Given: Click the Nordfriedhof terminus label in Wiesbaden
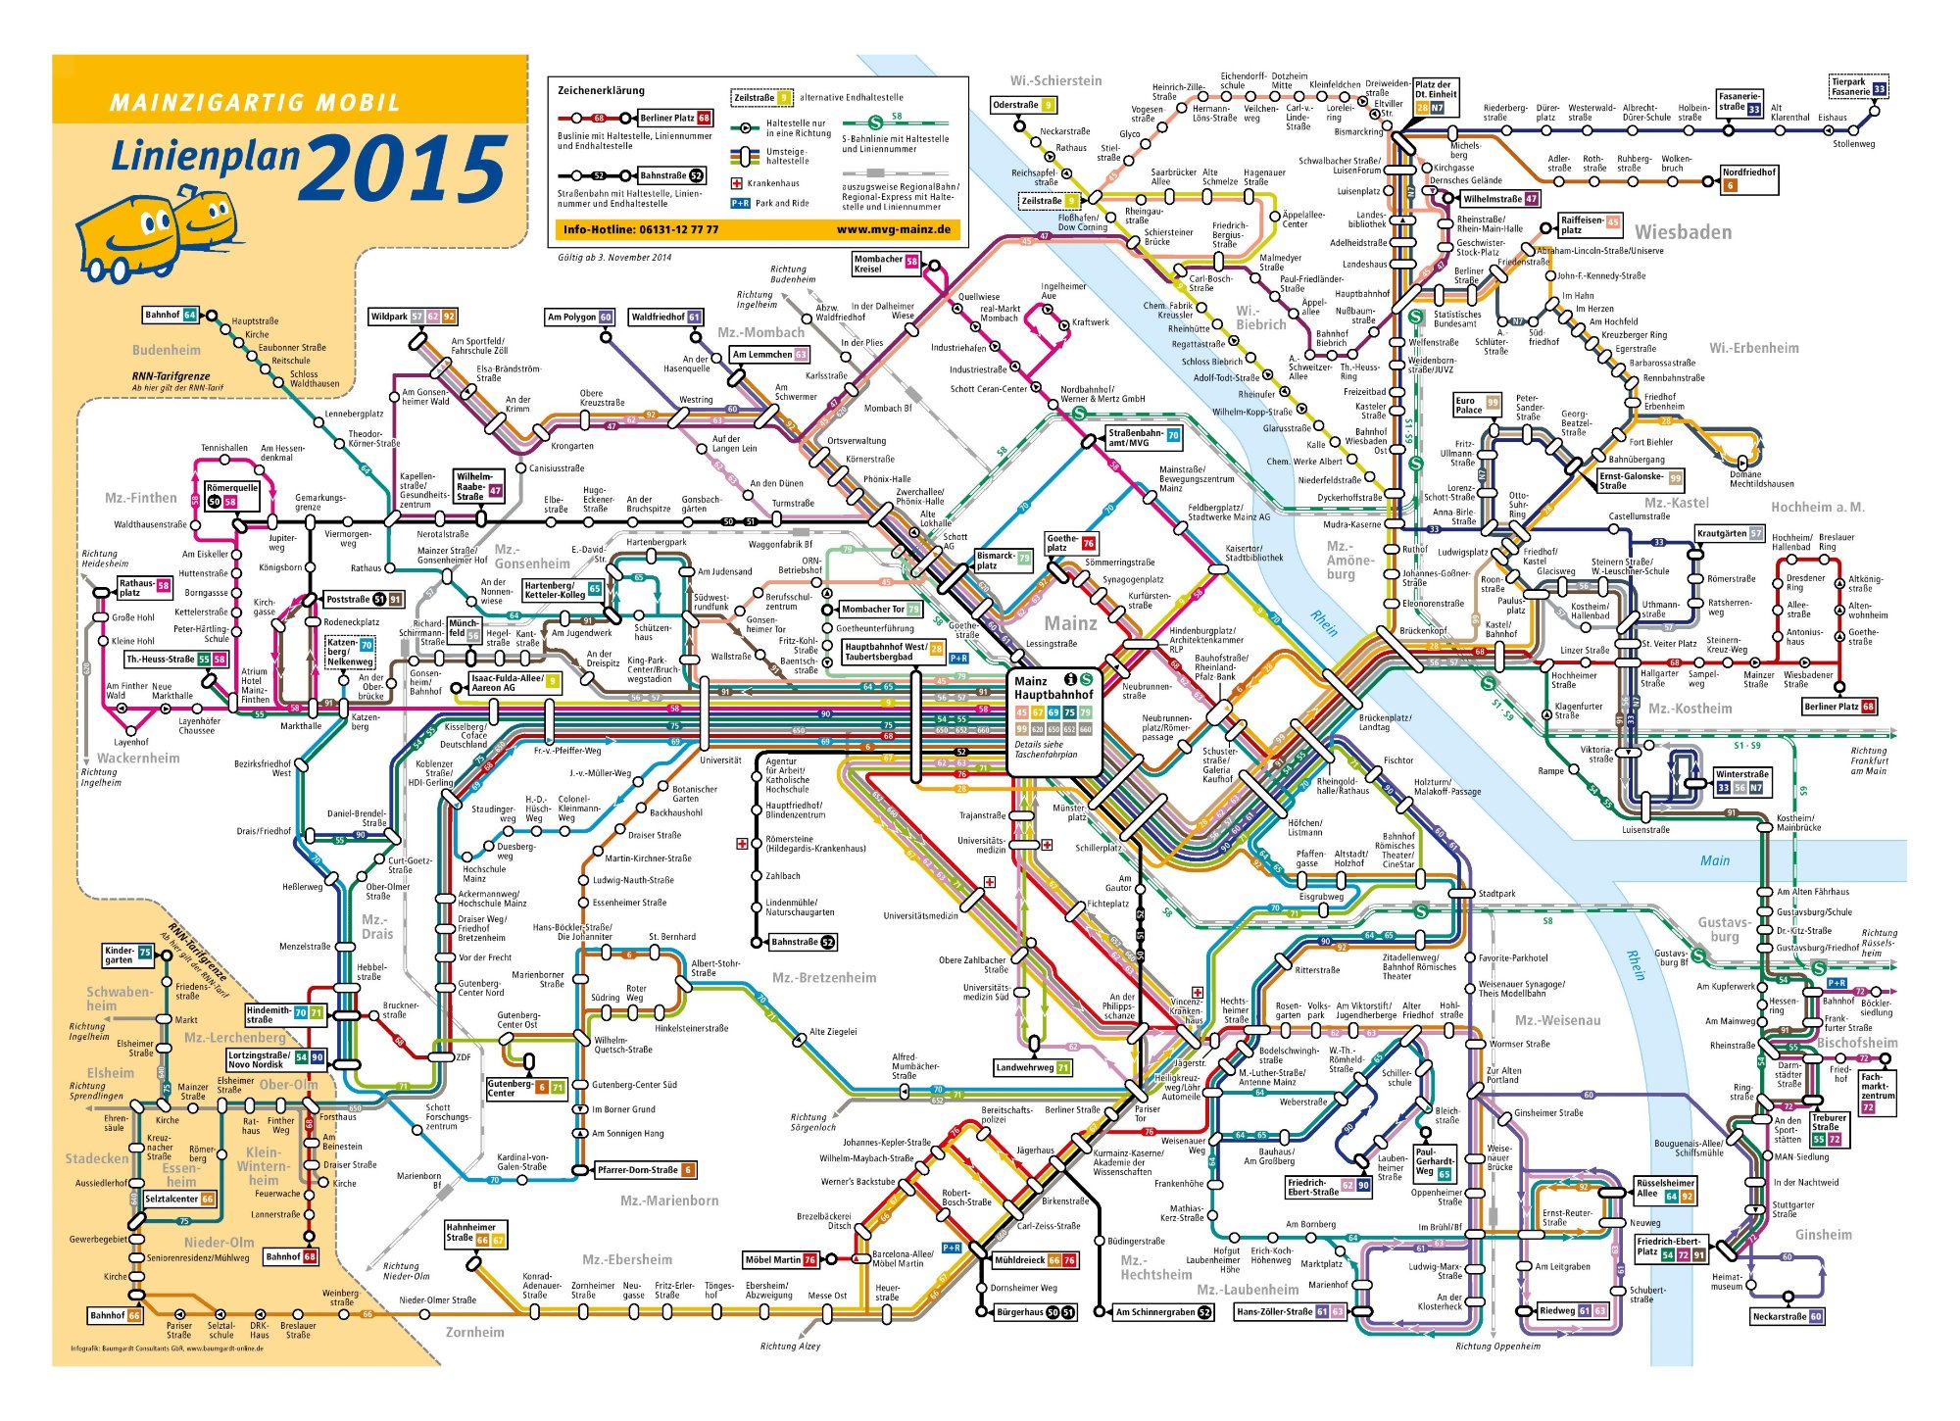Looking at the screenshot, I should [x=1748, y=177].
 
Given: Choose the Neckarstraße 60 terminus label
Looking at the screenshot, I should [x=1786, y=1316].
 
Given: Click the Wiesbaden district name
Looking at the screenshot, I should [x=1683, y=232].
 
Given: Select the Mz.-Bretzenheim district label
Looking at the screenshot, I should [x=823, y=977].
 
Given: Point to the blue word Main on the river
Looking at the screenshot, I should [x=1714, y=860].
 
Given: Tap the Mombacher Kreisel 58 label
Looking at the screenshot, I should [x=885, y=263].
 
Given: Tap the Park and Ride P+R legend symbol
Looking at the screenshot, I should [x=740, y=203].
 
